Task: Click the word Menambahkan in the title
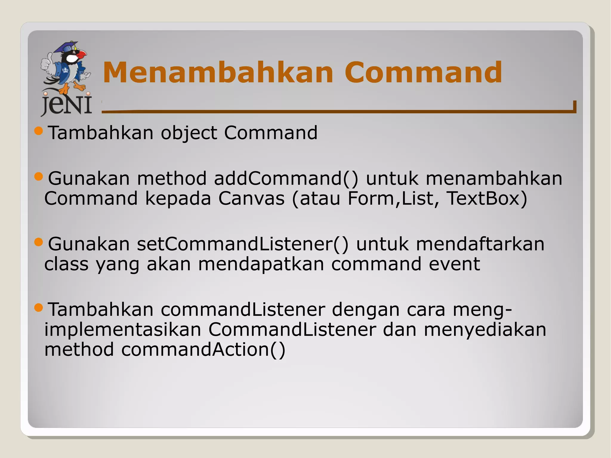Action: (x=218, y=72)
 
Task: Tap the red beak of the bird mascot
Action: (x=81, y=55)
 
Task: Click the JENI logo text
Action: (x=66, y=105)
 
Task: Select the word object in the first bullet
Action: (x=189, y=133)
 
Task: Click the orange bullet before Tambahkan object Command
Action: (x=39, y=131)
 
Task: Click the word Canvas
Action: (x=251, y=198)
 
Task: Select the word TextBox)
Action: (x=487, y=198)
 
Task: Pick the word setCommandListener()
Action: (x=243, y=244)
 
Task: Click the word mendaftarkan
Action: (x=480, y=244)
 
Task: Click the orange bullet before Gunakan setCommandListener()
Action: (x=39, y=242)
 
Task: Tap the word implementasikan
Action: (x=123, y=330)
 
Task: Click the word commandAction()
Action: (x=203, y=350)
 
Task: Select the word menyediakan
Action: (x=485, y=330)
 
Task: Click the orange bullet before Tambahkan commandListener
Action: (x=39, y=307)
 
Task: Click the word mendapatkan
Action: (x=261, y=264)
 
